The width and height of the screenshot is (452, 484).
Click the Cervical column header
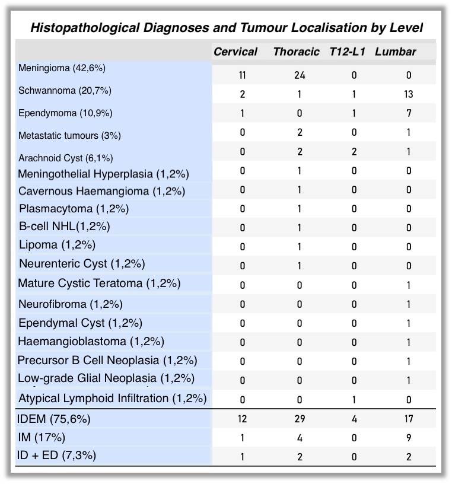[235, 52]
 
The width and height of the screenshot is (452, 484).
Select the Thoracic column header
[296, 52]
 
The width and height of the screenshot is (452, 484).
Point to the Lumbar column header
[395, 52]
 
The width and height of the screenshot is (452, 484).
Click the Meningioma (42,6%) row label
[62, 68]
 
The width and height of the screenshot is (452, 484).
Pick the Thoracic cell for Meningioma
[300, 75]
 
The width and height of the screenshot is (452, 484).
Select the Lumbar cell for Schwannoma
[408, 94]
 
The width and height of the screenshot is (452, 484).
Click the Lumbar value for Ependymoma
[409, 113]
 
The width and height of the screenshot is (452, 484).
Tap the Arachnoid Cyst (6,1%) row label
[65, 158]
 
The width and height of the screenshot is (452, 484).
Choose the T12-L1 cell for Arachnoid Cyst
[355, 152]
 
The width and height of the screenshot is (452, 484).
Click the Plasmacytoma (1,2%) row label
[74, 209]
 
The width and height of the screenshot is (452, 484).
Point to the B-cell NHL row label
[64, 227]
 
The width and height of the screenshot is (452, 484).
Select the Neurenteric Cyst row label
[82, 263]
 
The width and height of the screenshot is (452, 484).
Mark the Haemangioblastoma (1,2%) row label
[91, 342]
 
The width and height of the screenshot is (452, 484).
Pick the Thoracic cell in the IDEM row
[300, 419]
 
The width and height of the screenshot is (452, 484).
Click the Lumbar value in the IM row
[409, 438]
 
